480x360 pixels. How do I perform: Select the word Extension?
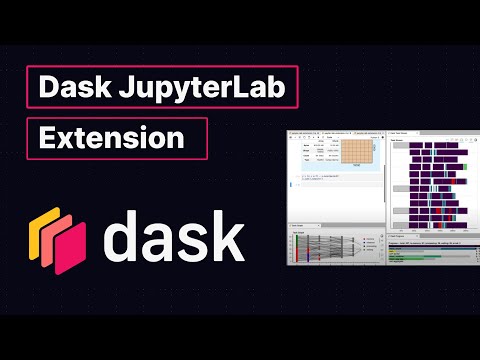(x=112, y=137)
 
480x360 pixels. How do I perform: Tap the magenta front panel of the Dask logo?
(x=68, y=246)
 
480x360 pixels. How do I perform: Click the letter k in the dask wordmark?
(x=227, y=236)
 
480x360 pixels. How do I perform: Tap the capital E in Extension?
(x=47, y=137)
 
